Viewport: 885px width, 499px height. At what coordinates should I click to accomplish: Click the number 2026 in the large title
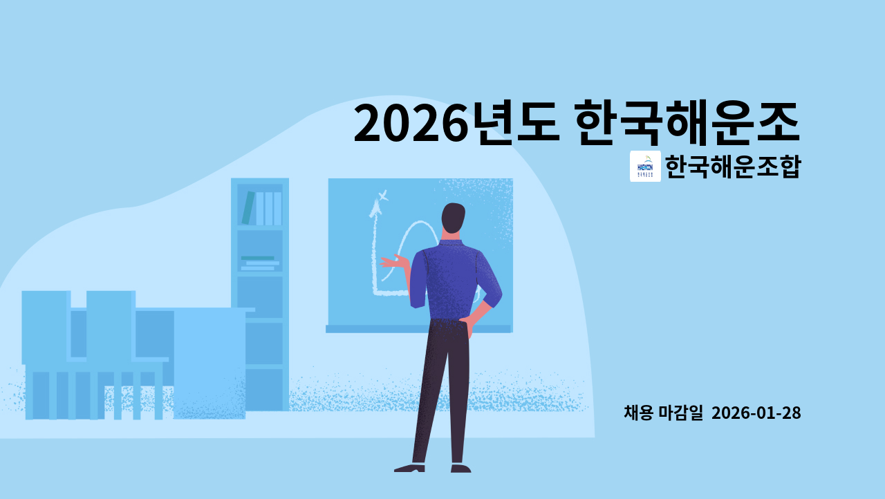pyautogui.click(x=407, y=123)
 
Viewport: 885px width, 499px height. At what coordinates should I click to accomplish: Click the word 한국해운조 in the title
pyautogui.click(x=687, y=123)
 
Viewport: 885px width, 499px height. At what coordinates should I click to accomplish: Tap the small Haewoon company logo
pyautogui.click(x=645, y=166)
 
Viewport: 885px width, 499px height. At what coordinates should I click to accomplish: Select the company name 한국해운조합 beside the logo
pyautogui.click(x=732, y=166)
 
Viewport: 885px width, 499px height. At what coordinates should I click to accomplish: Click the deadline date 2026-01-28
pyautogui.click(x=756, y=413)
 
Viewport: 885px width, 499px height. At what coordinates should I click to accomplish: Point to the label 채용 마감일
pyautogui.click(x=663, y=413)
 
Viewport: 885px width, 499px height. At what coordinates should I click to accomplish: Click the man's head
pyautogui.click(x=453, y=220)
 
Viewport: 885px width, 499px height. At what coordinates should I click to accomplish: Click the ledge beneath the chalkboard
pyautogui.click(x=418, y=329)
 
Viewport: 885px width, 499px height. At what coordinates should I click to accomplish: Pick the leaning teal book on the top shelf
pyautogui.click(x=247, y=208)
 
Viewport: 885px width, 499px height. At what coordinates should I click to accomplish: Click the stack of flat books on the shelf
pyautogui.click(x=259, y=263)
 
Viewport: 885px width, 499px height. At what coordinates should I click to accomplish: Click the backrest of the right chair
pyautogui.click(x=110, y=325)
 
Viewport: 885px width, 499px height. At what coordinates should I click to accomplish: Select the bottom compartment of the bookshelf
pyautogui.click(x=260, y=389)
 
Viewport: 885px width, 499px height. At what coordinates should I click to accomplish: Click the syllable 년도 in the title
pyautogui.click(x=512, y=123)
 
